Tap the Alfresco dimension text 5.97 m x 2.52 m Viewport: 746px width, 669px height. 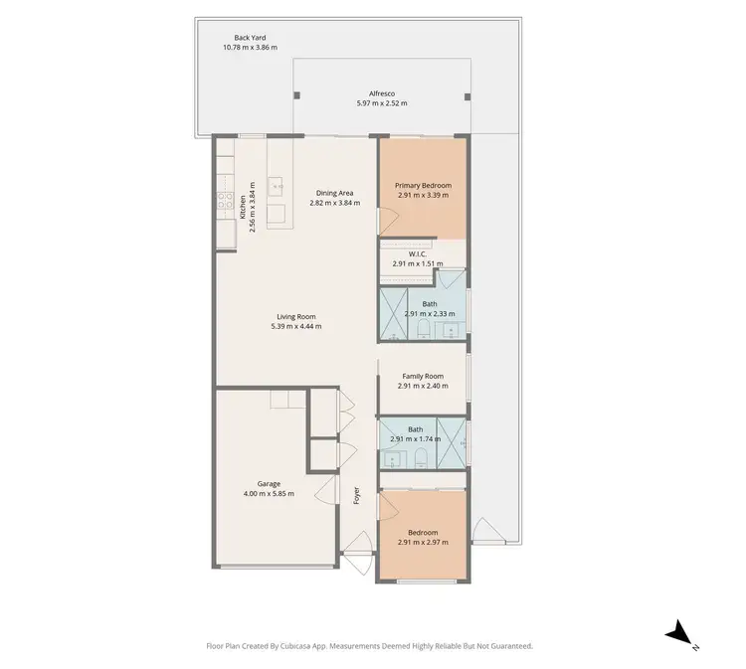(382, 103)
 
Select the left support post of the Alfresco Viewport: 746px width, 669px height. (295, 95)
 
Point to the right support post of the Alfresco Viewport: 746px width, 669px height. (466, 96)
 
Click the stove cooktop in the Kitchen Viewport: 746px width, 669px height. (241, 206)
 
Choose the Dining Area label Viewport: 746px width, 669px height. (334, 193)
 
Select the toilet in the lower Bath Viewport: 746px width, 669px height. (422, 457)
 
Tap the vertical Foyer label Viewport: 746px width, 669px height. (357, 496)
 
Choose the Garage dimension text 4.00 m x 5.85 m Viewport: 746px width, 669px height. (269, 493)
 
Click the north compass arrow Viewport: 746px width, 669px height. (679, 630)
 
